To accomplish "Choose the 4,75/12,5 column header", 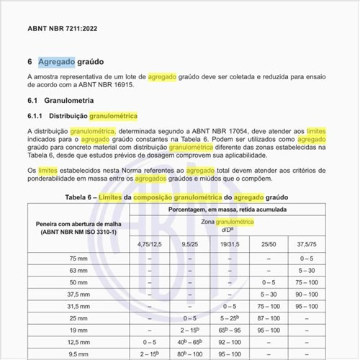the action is [x=150, y=244].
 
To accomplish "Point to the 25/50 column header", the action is [x=269, y=244].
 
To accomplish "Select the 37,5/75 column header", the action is [x=307, y=244].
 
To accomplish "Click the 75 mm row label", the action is [x=78, y=258].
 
